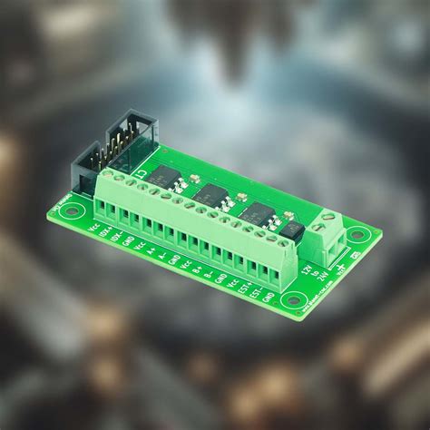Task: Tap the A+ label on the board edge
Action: [x=151, y=251]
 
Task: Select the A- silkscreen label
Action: [x=161, y=255]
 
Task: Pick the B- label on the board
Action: [x=208, y=272]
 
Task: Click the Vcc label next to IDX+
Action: [x=95, y=229]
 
